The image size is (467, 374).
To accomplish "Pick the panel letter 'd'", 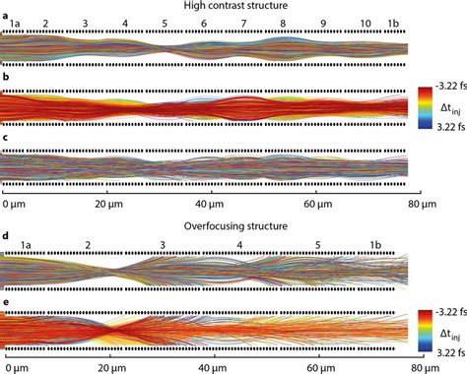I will click(6, 236).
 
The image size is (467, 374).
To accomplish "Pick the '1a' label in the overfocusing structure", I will click(28, 245).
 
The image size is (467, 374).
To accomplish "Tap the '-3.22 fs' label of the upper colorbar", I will click(446, 86).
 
